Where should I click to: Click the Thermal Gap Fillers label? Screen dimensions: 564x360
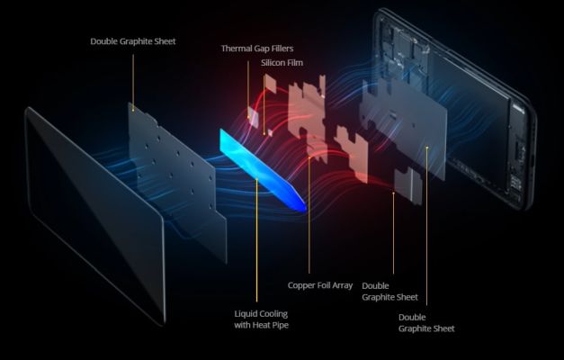257,49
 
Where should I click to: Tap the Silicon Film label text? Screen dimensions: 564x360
282,63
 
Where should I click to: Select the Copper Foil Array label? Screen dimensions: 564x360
320,285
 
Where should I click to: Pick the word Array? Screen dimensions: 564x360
343,286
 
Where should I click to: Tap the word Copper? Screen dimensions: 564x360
300,285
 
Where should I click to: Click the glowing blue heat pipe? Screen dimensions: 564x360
263,169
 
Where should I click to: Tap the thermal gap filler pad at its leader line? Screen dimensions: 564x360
253,117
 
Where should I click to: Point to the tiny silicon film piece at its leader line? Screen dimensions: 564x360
270,133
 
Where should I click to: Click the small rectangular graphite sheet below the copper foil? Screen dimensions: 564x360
407,184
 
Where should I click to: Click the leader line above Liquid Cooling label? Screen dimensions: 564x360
256,240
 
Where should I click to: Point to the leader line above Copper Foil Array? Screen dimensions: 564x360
309,215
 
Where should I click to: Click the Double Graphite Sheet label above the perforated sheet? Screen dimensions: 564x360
133,41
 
